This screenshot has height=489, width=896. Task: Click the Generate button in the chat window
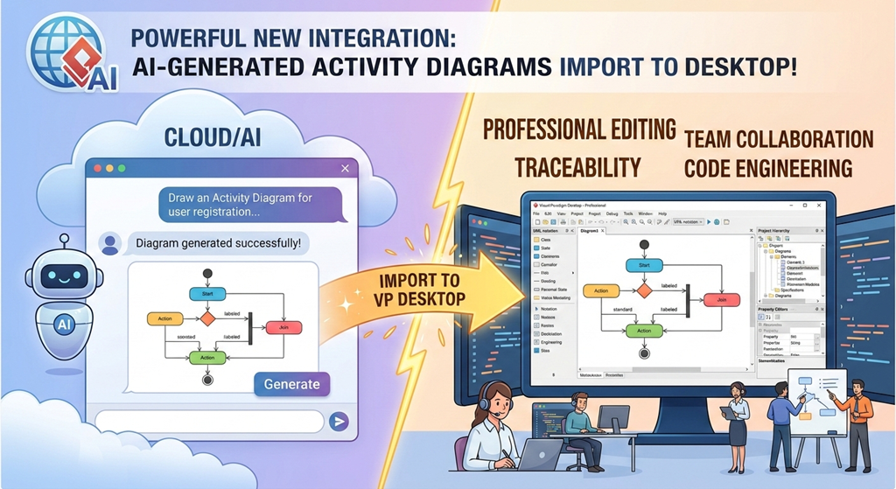click(x=291, y=384)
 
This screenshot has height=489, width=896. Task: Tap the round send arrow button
click(x=339, y=422)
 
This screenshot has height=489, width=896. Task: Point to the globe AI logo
click(x=61, y=50)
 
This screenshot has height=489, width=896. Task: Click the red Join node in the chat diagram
click(x=283, y=327)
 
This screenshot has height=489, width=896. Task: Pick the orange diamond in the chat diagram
click(x=207, y=318)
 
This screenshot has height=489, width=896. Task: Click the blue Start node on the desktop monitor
click(x=644, y=265)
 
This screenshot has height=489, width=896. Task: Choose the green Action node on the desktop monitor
click(x=643, y=331)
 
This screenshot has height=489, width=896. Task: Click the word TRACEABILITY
click(x=577, y=167)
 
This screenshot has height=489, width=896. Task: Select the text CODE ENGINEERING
click(x=768, y=167)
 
